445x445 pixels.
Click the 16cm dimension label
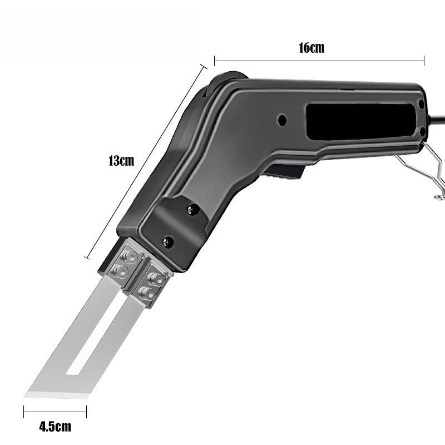311,48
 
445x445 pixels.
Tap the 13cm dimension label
121,161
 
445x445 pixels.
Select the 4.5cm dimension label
55,427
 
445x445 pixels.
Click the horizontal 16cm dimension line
319,61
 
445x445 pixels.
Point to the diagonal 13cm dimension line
146,161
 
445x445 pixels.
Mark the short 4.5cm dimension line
55,412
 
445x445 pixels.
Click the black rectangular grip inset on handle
361,122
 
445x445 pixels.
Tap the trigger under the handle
284,171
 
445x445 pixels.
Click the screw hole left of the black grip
282,120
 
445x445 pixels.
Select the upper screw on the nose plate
194,210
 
